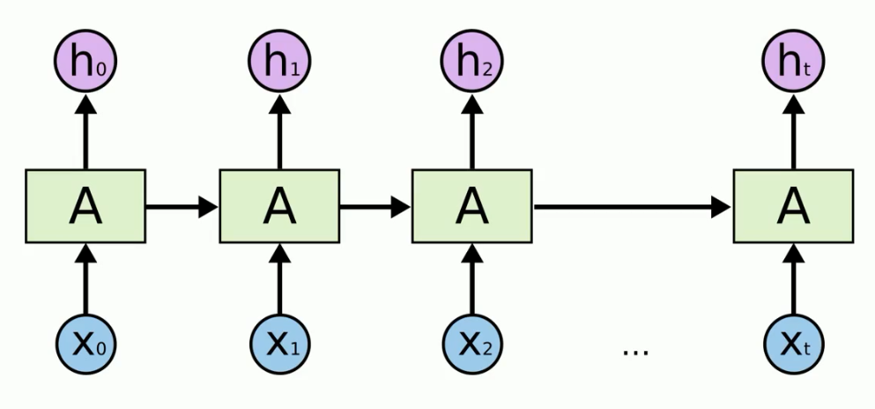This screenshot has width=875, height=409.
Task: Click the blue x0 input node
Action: [85, 343]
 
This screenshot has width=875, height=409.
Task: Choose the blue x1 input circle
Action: [279, 343]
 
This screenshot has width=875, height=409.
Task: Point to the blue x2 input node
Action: [472, 343]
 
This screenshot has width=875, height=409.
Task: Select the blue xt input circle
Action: [793, 343]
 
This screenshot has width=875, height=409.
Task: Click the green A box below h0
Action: [85, 207]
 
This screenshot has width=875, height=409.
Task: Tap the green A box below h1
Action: [279, 207]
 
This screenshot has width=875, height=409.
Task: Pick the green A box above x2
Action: [472, 207]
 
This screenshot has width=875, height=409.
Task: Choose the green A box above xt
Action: [793, 207]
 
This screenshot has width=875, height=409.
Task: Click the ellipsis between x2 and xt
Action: [635, 352]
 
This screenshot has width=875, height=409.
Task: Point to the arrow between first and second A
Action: [182, 207]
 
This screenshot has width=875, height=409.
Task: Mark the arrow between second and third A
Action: [375, 207]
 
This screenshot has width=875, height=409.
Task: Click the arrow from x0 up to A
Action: [85, 278]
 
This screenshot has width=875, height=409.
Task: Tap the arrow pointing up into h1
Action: [279, 132]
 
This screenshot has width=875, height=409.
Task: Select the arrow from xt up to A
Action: [793, 278]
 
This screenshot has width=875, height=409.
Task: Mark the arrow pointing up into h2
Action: [472, 132]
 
